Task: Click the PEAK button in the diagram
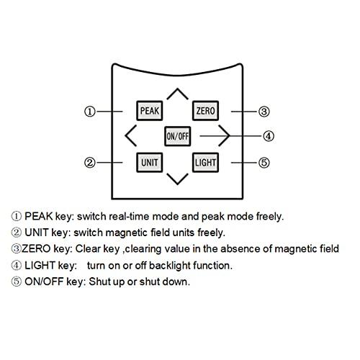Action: click(149, 111)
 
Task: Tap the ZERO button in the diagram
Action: click(205, 111)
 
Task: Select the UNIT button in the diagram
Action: click(149, 163)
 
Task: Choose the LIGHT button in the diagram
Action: click(205, 163)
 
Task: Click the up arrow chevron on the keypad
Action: click(177, 89)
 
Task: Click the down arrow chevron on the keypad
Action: click(177, 184)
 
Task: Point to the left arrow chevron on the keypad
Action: click(126, 135)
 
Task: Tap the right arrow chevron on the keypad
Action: click(229, 135)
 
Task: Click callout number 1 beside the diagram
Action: click(90, 112)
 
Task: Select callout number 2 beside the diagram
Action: click(90, 163)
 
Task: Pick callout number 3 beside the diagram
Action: click(264, 112)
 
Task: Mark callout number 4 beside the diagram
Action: click(269, 136)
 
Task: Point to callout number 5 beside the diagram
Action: click(264, 163)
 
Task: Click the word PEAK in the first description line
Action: click(39, 216)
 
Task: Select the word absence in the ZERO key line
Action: click(240, 248)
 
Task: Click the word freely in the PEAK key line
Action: click(269, 217)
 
